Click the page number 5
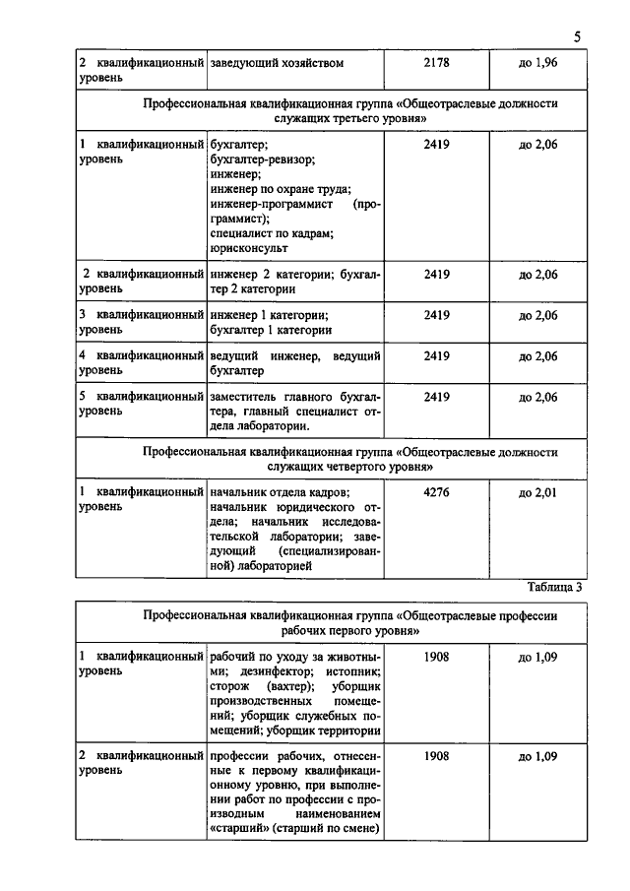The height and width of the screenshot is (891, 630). [578, 36]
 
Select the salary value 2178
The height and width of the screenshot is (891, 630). [436, 64]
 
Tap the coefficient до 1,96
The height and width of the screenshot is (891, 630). [537, 64]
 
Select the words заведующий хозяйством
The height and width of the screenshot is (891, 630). [277, 64]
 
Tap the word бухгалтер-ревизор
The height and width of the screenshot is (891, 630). [264, 159]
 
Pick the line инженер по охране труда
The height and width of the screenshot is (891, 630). [281, 189]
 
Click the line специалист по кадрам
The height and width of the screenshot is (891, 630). [273, 234]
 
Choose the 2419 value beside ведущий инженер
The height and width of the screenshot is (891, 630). [436, 355]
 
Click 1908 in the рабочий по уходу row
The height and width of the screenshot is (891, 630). [436, 656]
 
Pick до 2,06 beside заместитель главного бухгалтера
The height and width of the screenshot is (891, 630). [537, 397]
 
